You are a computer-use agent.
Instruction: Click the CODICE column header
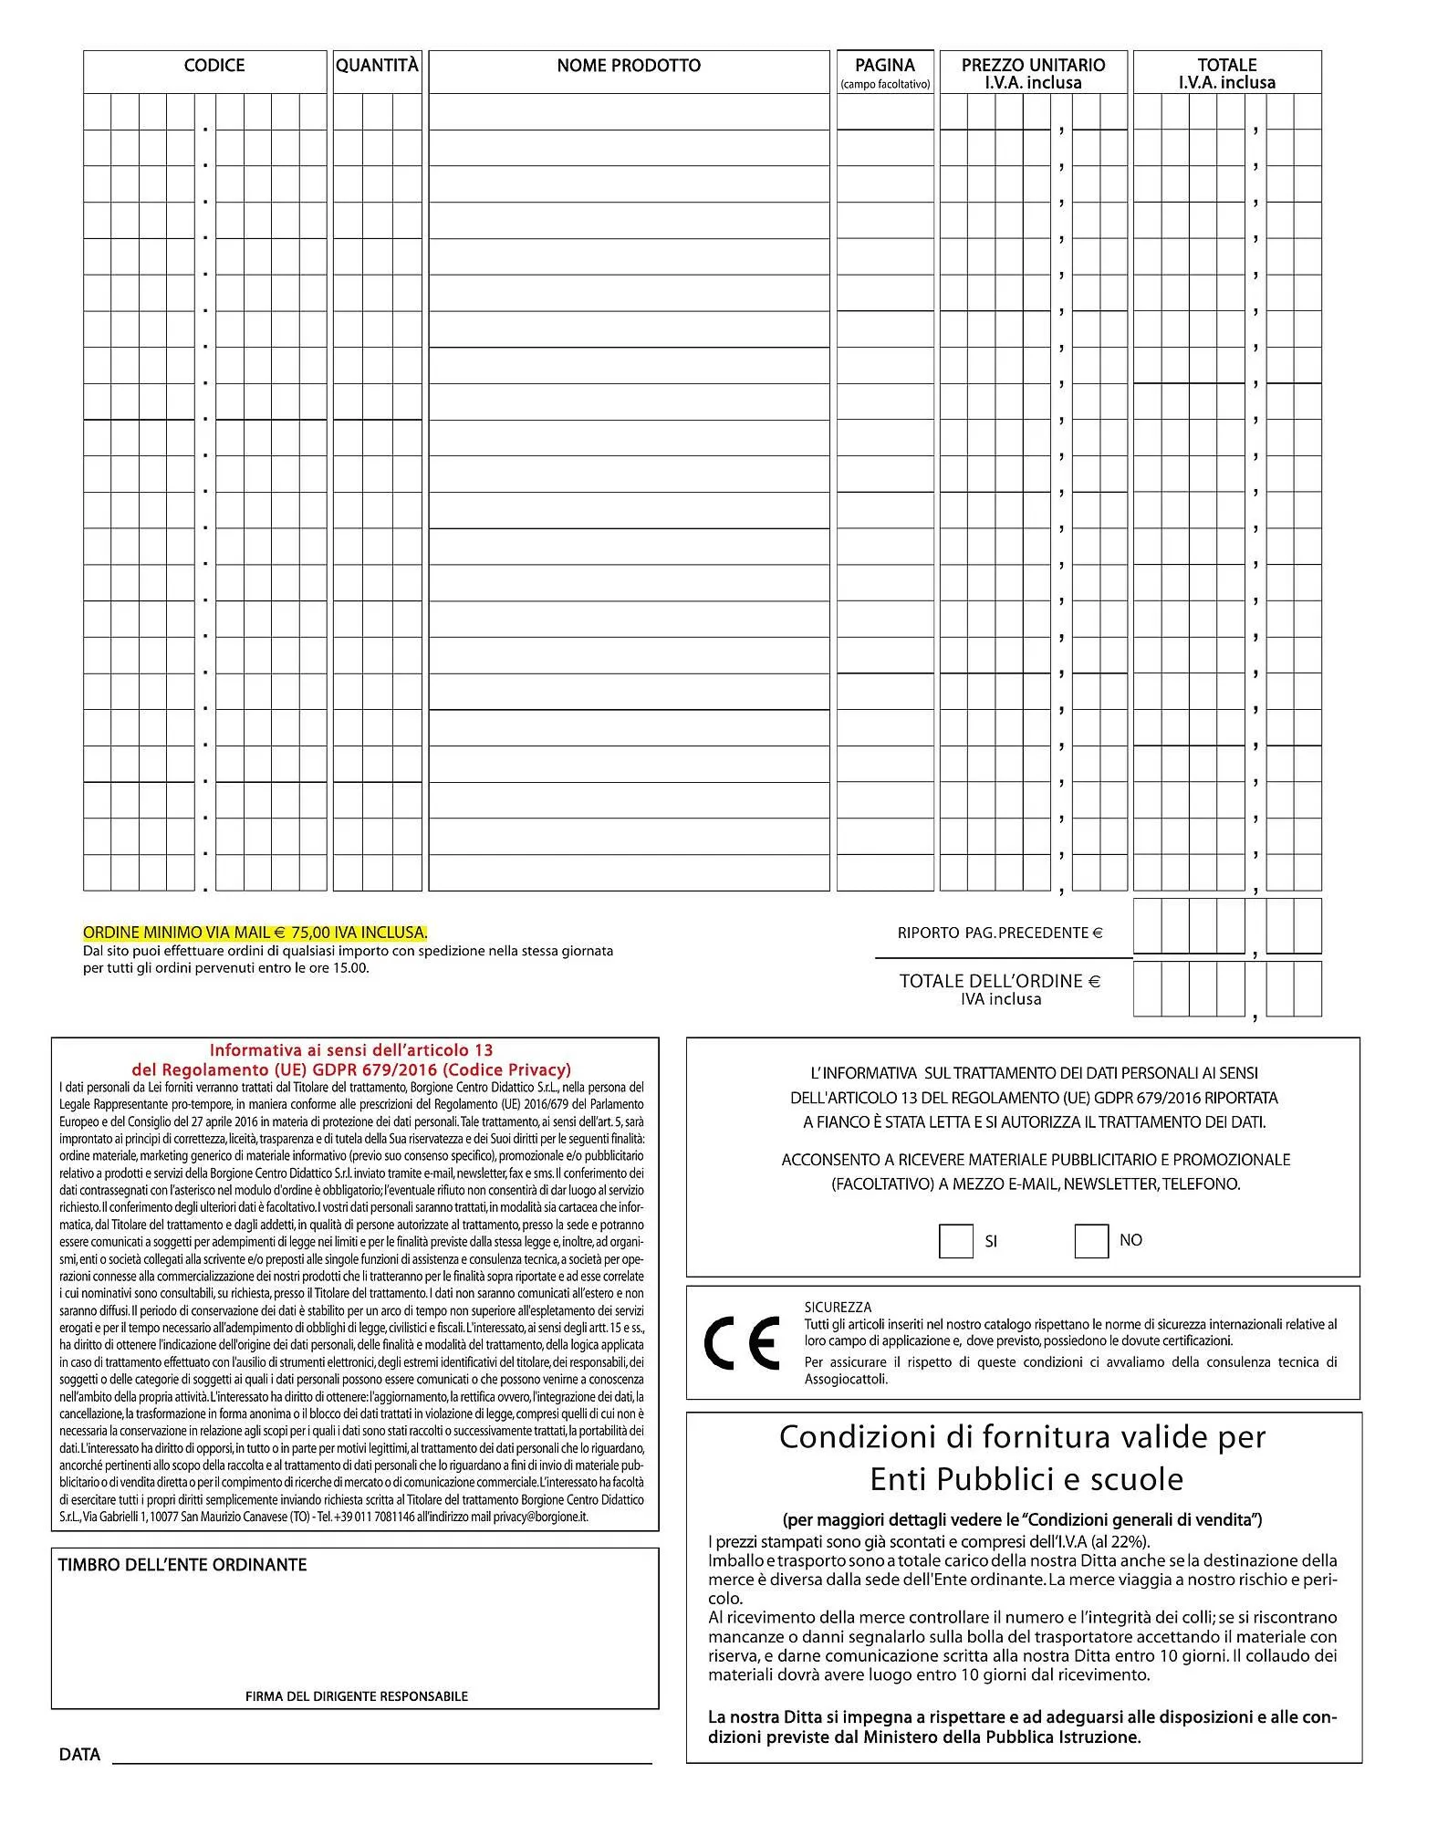coord(214,66)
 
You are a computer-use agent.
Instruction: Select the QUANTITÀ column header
coord(377,66)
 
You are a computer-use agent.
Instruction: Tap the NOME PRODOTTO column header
coord(629,66)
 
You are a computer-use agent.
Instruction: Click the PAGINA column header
coord(884,65)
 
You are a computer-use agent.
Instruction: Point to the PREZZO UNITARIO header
coord(1033,66)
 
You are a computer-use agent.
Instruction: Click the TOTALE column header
coord(1226,66)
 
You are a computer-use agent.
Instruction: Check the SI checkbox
coord(955,1242)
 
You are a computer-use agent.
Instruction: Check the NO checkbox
coord(1090,1241)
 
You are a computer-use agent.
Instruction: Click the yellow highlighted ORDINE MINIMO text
coord(255,933)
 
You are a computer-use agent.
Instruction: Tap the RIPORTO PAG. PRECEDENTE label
coord(1000,933)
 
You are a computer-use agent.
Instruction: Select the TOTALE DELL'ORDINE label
coord(999,981)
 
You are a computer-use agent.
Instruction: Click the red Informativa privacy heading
coord(351,1060)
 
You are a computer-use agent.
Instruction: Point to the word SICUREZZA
coord(838,1307)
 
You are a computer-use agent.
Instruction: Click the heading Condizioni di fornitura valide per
coord(1022,1437)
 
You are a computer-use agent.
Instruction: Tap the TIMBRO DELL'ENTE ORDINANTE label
coord(182,1565)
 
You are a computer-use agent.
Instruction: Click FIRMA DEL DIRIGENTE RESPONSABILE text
coord(356,1696)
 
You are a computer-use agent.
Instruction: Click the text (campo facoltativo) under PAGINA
coord(884,84)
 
